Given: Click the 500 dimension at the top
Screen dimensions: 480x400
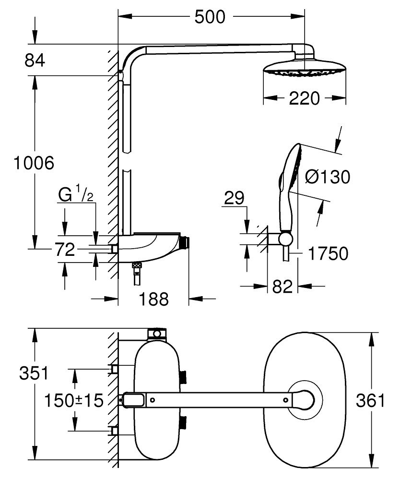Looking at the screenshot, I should click(x=210, y=17).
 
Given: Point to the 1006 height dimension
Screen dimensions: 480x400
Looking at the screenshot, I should click(x=33, y=163).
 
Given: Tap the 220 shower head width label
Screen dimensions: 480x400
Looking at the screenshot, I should click(x=304, y=98).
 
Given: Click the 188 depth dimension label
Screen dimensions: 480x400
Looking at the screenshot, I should click(x=153, y=299).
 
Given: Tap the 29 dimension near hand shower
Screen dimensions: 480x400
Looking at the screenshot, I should click(x=233, y=198).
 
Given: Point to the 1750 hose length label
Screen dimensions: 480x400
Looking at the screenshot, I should click(x=328, y=253).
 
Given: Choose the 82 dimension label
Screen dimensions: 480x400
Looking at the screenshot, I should click(x=282, y=287).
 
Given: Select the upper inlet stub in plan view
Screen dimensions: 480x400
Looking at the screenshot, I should click(x=114, y=369).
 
